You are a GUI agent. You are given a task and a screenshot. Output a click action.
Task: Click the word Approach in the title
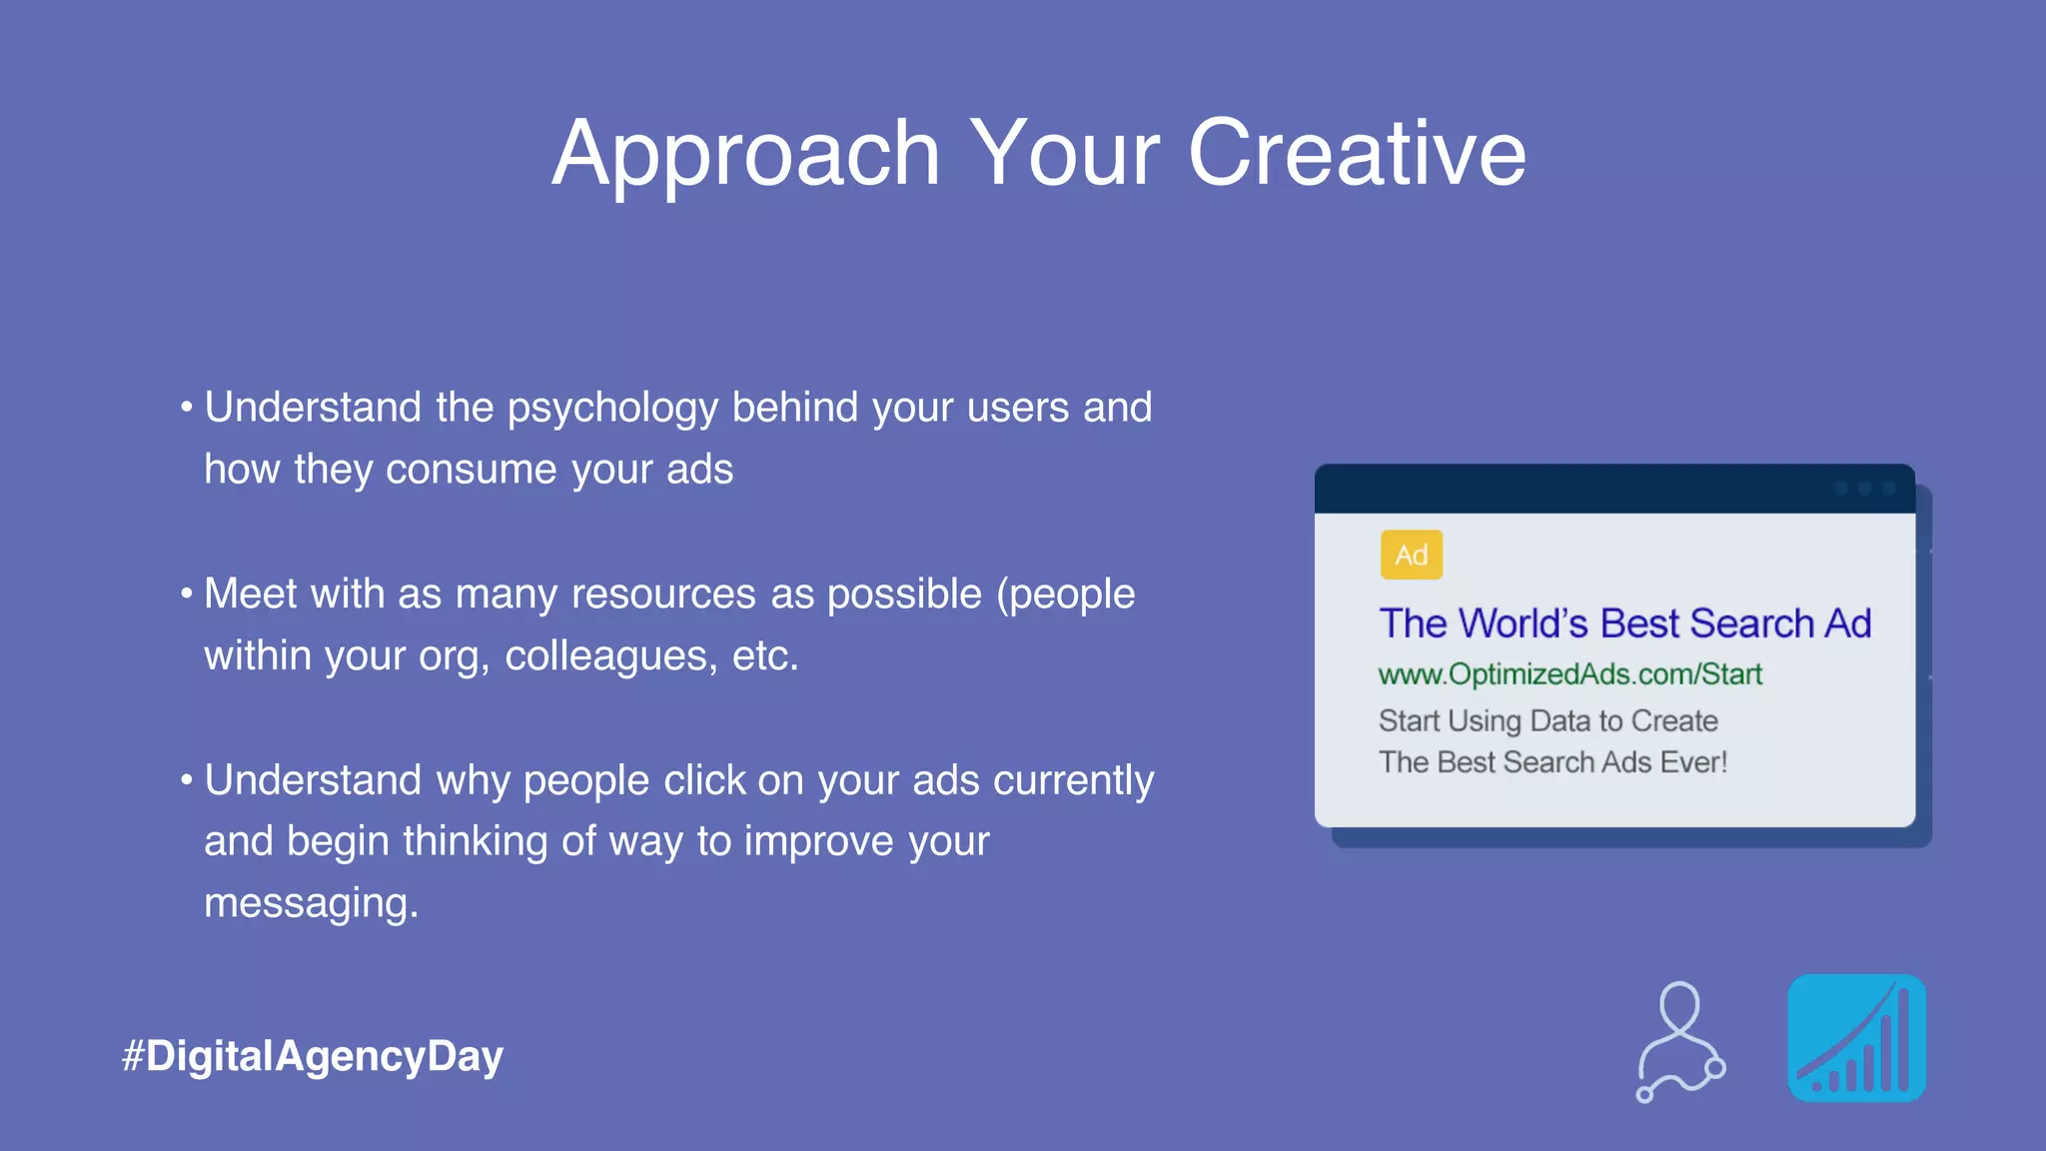(746, 155)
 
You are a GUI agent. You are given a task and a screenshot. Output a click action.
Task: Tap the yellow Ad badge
(1411, 555)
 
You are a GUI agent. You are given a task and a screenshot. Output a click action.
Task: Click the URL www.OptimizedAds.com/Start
(1569, 674)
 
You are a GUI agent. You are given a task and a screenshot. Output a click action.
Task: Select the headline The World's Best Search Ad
(1624, 623)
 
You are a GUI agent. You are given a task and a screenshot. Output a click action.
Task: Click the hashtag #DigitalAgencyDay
(313, 1056)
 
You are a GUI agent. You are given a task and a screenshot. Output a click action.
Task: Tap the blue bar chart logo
(1856, 1038)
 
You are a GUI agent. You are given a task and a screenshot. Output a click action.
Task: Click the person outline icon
(1680, 1041)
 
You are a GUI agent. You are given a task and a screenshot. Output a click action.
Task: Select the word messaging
(311, 904)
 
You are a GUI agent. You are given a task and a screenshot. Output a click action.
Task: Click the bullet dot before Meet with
(187, 593)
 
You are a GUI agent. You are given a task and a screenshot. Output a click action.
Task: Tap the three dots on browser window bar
(1864, 489)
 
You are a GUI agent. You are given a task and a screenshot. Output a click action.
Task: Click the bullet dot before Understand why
(187, 779)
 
